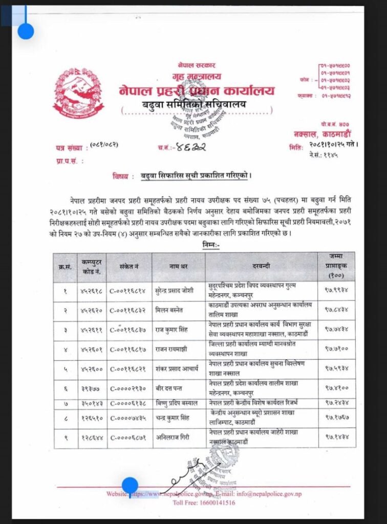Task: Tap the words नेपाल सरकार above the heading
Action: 197,65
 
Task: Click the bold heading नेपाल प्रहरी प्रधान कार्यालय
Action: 197,91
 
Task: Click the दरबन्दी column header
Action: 261,267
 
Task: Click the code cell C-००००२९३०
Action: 128,388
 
